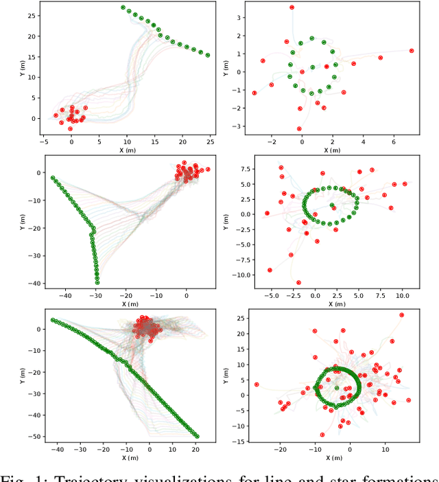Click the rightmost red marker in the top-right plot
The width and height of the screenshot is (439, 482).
point(412,51)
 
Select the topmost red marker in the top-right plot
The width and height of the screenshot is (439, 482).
point(292,8)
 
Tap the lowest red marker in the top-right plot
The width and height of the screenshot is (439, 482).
point(299,128)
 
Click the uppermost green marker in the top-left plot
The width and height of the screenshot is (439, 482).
point(123,8)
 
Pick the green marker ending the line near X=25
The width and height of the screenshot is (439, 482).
point(208,56)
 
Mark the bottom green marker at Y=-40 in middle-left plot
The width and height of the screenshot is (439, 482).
point(97,282)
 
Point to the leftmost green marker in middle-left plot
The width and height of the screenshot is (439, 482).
point(53,178)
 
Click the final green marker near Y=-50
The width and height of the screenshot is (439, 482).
point(198,436)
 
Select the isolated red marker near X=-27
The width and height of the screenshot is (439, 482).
point(257,385)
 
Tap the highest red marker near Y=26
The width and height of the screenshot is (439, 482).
point(402,315)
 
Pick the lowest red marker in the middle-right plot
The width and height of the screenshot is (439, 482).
point(298,282)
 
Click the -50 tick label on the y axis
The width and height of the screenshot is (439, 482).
point(31,436)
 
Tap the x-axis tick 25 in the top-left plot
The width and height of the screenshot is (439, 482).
point(210,141)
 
